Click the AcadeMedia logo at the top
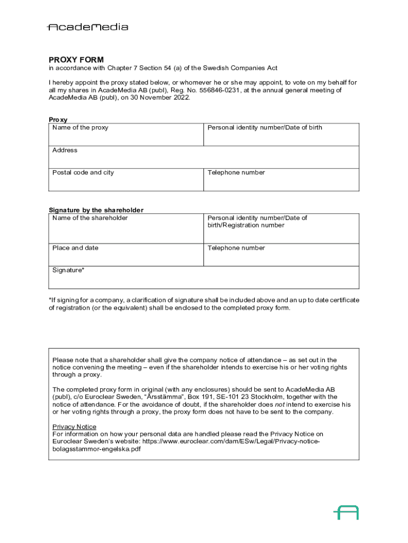pyautogui.click(x=87, y=27)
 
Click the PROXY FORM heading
pyautogui.click(x=76, y=59)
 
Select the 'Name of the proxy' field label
pyautogui.click(x=80, y=128)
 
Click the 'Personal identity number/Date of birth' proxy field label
pyautogui.click(x=264, y=128)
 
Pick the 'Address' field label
pyautogui.click(x=65, y=151)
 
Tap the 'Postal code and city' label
pyautogui.click(x=83, y=173)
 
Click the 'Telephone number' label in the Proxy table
pyautogui.click(x=236, y=173)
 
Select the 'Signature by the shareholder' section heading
pyautogui.click(x=96, y=210)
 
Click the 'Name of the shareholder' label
pyautogui.click(x=90, y=218)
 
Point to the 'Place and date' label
pyautogui.click(x=75, y=248)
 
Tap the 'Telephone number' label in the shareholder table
pyautogui.click(x=236, y=248)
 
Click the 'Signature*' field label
pyautogui.click(x=68, y=270)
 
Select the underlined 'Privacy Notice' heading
pyautogui.click(x=74, y=427)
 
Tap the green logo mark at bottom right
pyautogui.click(x=346, y=512)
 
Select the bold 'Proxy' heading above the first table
pyautogui.click(x=58, y=120)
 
